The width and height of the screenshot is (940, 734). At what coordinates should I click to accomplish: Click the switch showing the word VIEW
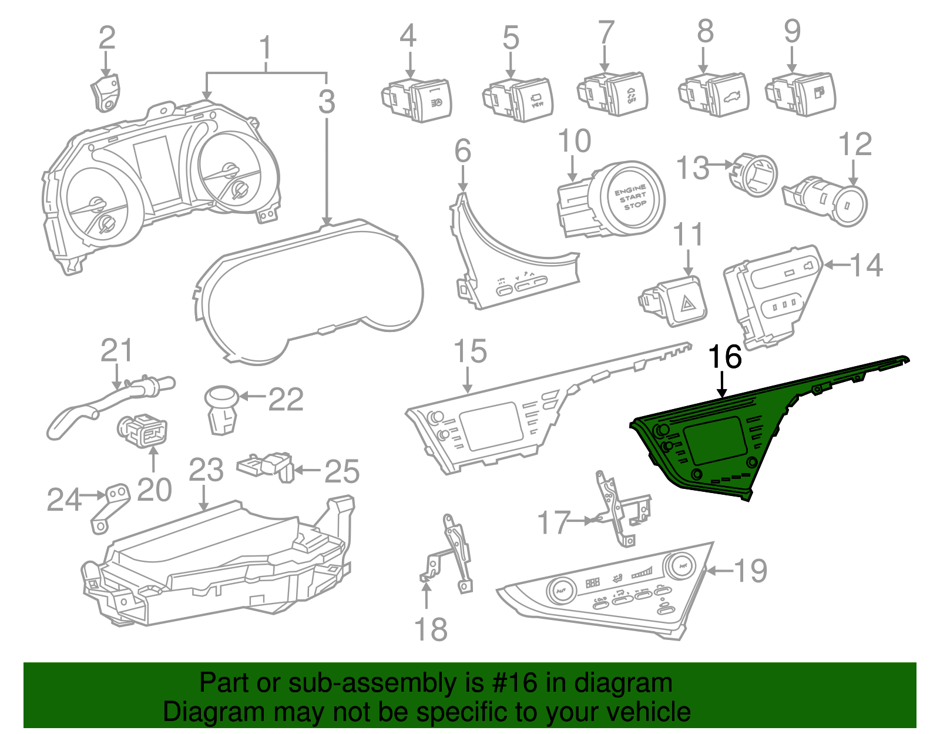coord(532,99)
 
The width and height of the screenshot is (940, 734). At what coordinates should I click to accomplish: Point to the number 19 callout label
coord(751,571)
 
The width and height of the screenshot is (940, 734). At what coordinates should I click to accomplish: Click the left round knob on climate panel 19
coord(561,588)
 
